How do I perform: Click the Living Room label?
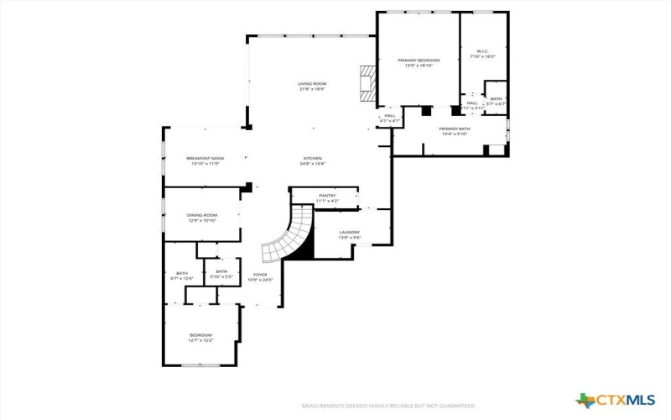312,83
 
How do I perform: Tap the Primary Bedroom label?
418,61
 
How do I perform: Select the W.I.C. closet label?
483,51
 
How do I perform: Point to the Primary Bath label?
455,129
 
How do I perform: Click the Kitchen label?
312,158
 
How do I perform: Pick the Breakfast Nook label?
205,158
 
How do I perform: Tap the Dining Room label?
201,215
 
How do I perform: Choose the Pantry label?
327,196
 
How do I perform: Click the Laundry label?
349,232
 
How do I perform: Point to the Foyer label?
261,275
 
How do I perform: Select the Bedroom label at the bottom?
200,335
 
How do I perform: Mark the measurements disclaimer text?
389,406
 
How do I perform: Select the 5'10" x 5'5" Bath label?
221,274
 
